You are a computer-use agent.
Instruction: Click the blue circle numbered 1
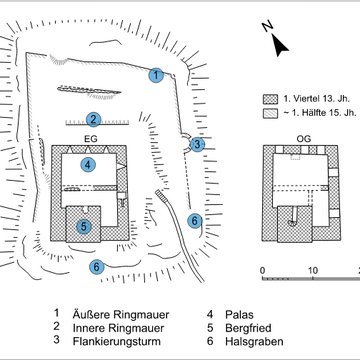click(156, 74)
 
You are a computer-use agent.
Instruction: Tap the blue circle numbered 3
click(198, 144)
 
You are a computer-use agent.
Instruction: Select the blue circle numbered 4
click(88, 164)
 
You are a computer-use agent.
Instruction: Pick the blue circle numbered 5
click(85, 226)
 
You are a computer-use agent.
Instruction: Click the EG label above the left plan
click(90, 138)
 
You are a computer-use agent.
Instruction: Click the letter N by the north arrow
click(265, 30)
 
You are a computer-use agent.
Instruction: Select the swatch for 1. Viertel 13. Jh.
click(268, 99)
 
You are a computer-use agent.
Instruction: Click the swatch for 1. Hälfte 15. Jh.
click(268, 116)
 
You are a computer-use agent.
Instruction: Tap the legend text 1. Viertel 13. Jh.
click(317, 99)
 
